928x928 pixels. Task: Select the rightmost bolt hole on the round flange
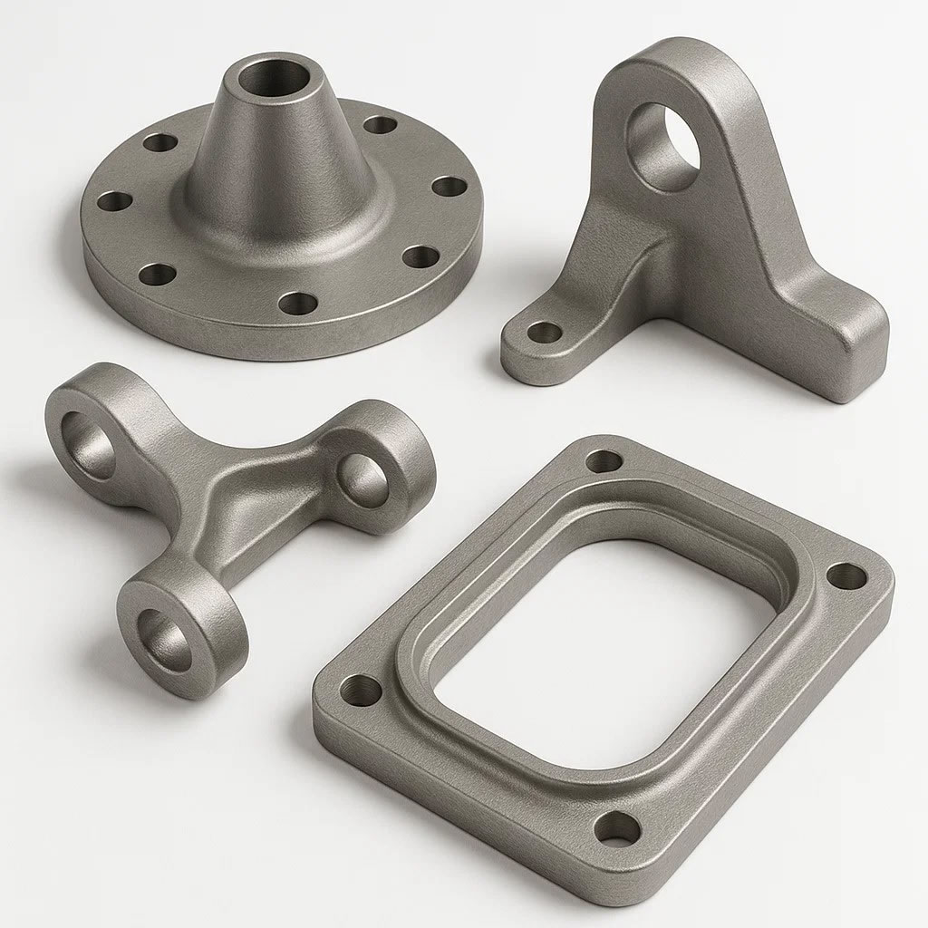(x=449, y=187)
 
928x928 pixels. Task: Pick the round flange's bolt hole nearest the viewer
(x=293, y=302)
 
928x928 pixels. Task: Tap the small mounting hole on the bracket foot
(x=544, y=332)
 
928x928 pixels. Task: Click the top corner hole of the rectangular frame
(x=604, y=460)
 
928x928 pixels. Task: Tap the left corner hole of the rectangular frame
(x=364, y=691)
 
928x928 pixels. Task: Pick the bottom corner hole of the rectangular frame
(x=618, y=826)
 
